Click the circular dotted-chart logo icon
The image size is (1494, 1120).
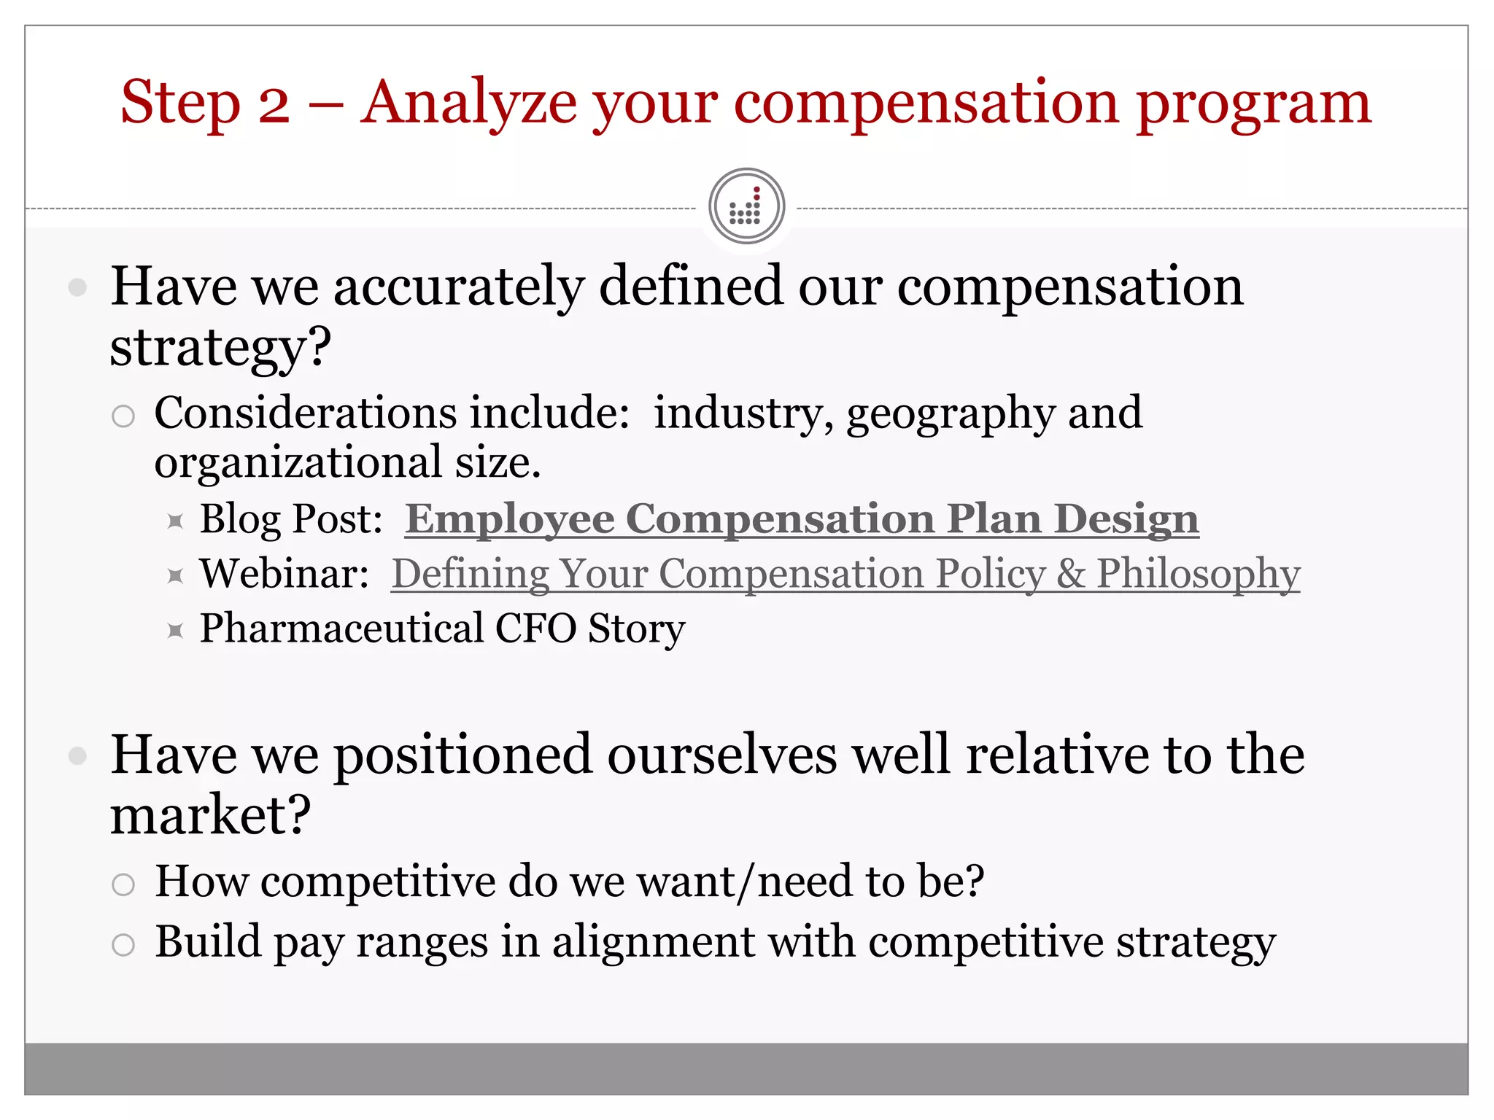click(746, 206)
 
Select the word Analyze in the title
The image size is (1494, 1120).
click(467, 104)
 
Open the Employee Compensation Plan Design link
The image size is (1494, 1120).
click(802, 519)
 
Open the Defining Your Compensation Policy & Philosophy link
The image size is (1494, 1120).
click(845, 574)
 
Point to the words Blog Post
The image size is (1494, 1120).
click(291, 519)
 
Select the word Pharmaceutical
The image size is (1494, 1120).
click(341, 629)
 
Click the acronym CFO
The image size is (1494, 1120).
click(535, 629)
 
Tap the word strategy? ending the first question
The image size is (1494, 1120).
click(220, 349)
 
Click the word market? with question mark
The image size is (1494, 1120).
click(210, 815)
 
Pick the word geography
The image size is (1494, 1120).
click(951, 414)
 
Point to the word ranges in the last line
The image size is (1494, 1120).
click(422, 942)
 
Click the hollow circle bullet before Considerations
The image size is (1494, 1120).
click(123, 416)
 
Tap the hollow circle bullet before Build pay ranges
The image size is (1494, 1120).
click(123, 945)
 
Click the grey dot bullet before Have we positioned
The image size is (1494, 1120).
click(77, 756)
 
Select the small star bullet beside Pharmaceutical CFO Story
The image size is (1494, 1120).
click(175, 630)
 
